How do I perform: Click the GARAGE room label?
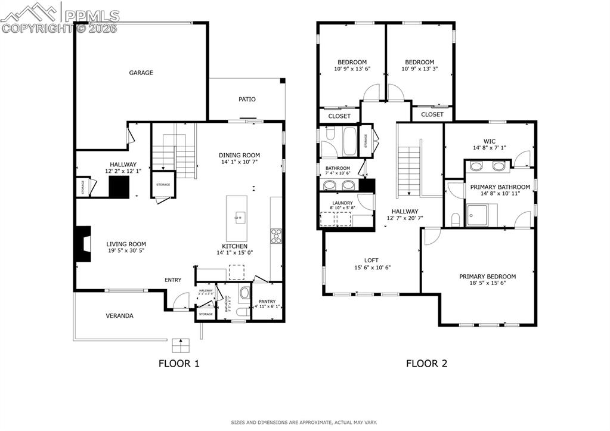tap(141, 73)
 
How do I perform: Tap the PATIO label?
tap(247, 99)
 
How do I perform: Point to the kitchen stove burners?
tap(276, 237)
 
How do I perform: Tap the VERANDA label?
tap(119, 315)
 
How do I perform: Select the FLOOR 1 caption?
tap(179, 363)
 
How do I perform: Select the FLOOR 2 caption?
tap(426, 363)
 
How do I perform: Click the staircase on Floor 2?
tap(409, 170)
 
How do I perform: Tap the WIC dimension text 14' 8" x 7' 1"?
tap(490, 148)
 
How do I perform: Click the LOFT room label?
tap(371, 260)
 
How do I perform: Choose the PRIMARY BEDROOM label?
tap(487, 276)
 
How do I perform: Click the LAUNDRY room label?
tap(342, 203)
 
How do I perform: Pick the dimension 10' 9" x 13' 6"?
tap(352, 69)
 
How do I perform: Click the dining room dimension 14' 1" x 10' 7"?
tap(240, 162)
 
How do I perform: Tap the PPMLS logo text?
tap(92, 15)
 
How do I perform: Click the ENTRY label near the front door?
tap(173, 280)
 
